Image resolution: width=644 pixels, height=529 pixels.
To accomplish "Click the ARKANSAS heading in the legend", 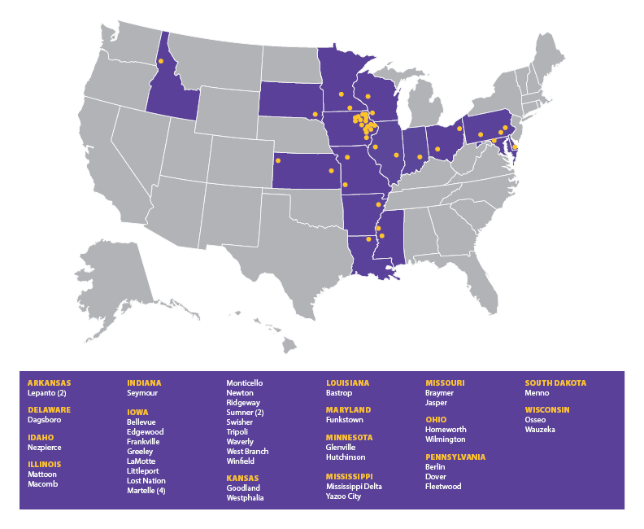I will point(49,383).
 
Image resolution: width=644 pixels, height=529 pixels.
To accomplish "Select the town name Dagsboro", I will point(46,420).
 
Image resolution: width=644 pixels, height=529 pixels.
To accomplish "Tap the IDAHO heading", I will point(41,437).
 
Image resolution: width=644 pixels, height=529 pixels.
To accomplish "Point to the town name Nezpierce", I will point(45,448).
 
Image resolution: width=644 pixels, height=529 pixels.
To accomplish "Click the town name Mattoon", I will point(42,474).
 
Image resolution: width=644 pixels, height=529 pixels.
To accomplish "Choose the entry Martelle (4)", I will point(146,491).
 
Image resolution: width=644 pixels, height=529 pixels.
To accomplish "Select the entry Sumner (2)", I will point(245,413).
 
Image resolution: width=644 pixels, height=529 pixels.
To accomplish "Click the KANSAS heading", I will point(243,478).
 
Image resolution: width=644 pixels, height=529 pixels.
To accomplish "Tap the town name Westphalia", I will point(245,497).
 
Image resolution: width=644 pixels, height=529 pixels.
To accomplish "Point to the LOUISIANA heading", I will point(347,383).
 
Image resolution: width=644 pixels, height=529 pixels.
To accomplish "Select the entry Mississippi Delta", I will point(354,487).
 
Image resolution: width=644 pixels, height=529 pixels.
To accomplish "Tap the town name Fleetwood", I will point(443,487).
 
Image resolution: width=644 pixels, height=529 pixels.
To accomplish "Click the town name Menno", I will point(537,393).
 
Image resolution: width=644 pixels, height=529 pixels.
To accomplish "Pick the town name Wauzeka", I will point(540,430).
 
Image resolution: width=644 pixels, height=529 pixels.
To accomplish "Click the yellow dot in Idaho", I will point(161,61).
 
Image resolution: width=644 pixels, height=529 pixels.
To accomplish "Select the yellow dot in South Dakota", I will point(315,114).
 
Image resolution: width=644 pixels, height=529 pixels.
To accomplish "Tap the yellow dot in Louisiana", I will point(369,239).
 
